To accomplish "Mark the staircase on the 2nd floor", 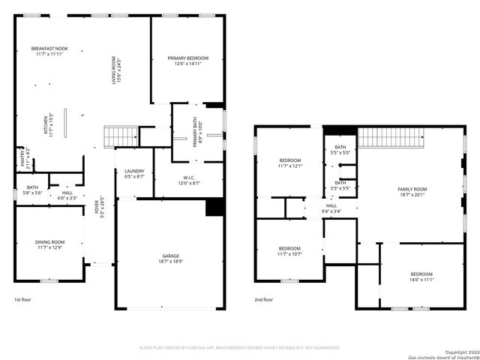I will (x=391, y=138).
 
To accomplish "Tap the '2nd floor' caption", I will (x=263, y=300).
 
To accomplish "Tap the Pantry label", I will (x=23, y=159).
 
